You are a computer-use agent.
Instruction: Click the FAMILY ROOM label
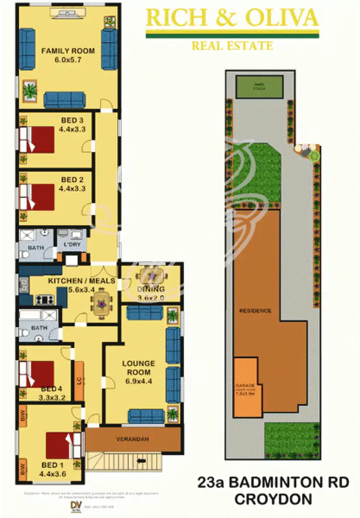[68, 51]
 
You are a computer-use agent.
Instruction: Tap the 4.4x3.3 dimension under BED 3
[72, 129]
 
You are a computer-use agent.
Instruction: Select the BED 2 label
[72, 180]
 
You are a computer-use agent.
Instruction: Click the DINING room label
[151, 289]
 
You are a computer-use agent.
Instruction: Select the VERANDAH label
[133, 439]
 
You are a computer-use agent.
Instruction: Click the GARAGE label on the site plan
[245, 385]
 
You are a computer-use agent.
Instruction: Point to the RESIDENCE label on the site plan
[255, 311]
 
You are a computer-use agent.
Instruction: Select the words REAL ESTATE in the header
[232, 46]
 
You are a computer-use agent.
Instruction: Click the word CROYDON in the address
[273, 499]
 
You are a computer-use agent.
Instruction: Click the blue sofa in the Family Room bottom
[64, 100]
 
